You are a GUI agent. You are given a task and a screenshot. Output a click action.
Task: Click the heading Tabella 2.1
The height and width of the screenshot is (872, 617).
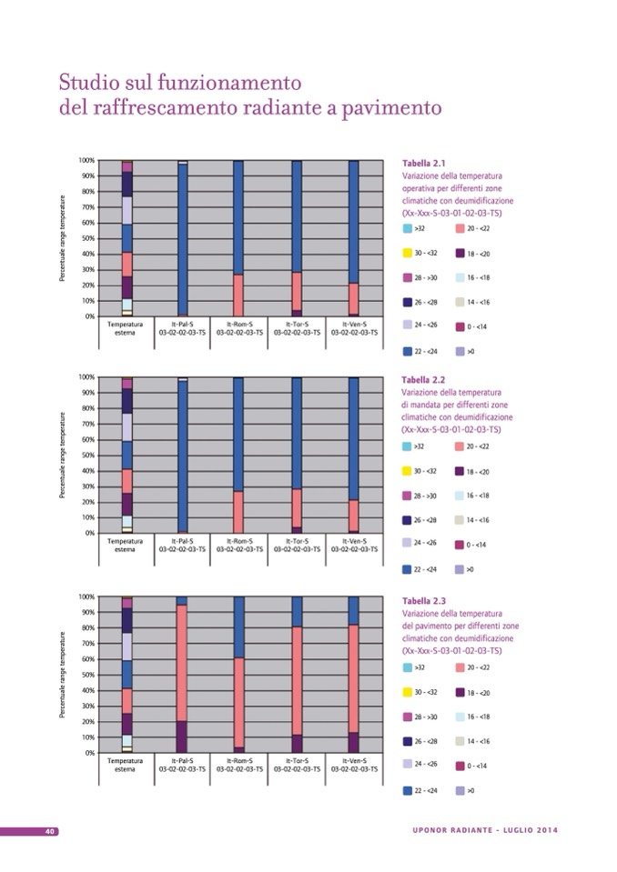pos(423,163)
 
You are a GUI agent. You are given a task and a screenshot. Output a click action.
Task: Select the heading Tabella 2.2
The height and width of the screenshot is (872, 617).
pos(423,379)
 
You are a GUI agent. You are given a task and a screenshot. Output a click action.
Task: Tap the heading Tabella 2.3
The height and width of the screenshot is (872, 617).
pos(423,601)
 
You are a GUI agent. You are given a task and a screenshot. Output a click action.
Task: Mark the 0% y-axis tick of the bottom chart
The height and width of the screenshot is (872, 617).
pos(90,753)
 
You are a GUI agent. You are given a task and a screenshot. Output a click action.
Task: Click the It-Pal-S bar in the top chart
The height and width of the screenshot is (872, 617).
pos(183,239)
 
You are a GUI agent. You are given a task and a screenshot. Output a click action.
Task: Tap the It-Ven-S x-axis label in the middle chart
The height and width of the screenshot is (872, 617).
pos(354,545)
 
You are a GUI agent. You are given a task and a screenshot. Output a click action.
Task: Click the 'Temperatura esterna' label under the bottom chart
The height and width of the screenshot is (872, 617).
pos(126,765)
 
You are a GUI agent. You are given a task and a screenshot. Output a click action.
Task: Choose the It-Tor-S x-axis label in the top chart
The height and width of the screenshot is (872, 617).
pos(297,328)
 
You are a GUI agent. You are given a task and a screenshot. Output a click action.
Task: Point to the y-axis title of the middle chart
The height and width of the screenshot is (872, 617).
pos(63,455)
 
